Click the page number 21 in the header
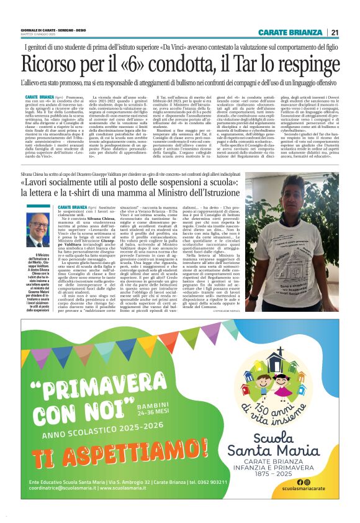335,32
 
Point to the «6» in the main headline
140,65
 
